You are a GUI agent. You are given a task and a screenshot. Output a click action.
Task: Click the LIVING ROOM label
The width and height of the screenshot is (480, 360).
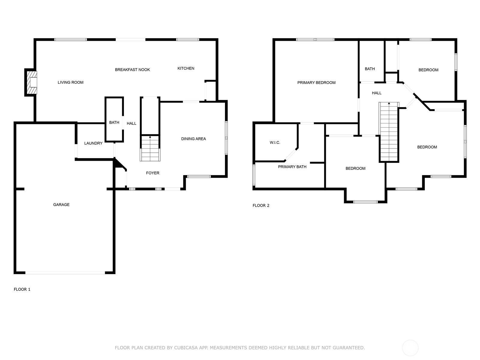(x=70, y=82)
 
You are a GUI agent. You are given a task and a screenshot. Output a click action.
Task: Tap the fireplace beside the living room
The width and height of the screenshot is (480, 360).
(x=31, y=82)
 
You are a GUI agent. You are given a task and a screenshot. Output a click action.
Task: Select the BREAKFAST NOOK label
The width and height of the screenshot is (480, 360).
(x=132, y=70)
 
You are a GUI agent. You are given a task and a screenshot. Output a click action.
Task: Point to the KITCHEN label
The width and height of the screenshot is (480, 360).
(x=186, y=68)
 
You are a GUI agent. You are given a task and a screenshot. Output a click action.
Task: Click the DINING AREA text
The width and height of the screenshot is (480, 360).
(x=193, y=139)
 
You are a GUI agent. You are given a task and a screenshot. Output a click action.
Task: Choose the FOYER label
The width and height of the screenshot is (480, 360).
(x=152, y=173)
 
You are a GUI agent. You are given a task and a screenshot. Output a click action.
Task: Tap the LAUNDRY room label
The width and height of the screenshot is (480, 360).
(x=93, y=143)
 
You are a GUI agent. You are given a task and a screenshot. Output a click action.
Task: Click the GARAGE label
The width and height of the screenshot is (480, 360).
(x=61, y=205)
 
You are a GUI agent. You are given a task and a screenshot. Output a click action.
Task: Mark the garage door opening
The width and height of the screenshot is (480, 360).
(x=65, y=273)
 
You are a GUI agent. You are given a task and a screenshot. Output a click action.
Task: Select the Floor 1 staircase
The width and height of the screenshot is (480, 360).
(x=150, y=148)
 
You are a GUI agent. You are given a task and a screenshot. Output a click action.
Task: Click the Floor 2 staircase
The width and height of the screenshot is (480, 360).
(x=389, y=132)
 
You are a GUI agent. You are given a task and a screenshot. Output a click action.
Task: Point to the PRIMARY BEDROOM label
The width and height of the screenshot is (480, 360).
(x=316, y=82)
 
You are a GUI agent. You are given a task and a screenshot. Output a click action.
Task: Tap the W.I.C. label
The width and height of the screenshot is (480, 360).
(x=275, y=143)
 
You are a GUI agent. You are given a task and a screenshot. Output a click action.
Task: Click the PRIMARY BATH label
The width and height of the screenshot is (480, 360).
(x=292, y=167)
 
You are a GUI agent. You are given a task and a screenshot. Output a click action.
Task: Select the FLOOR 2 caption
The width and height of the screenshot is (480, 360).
(x=261, y=205)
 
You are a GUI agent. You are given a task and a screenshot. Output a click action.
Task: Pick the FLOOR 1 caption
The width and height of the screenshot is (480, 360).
(x=22, y=289)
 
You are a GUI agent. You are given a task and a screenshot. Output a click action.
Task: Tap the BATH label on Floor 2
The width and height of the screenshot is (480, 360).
(x=370, y=69)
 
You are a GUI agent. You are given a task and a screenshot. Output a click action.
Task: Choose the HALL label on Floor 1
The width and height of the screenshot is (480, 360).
(x=131, y=124)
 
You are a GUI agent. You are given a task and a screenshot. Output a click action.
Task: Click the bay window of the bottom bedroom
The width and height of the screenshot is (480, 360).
(x=365, y=202)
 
